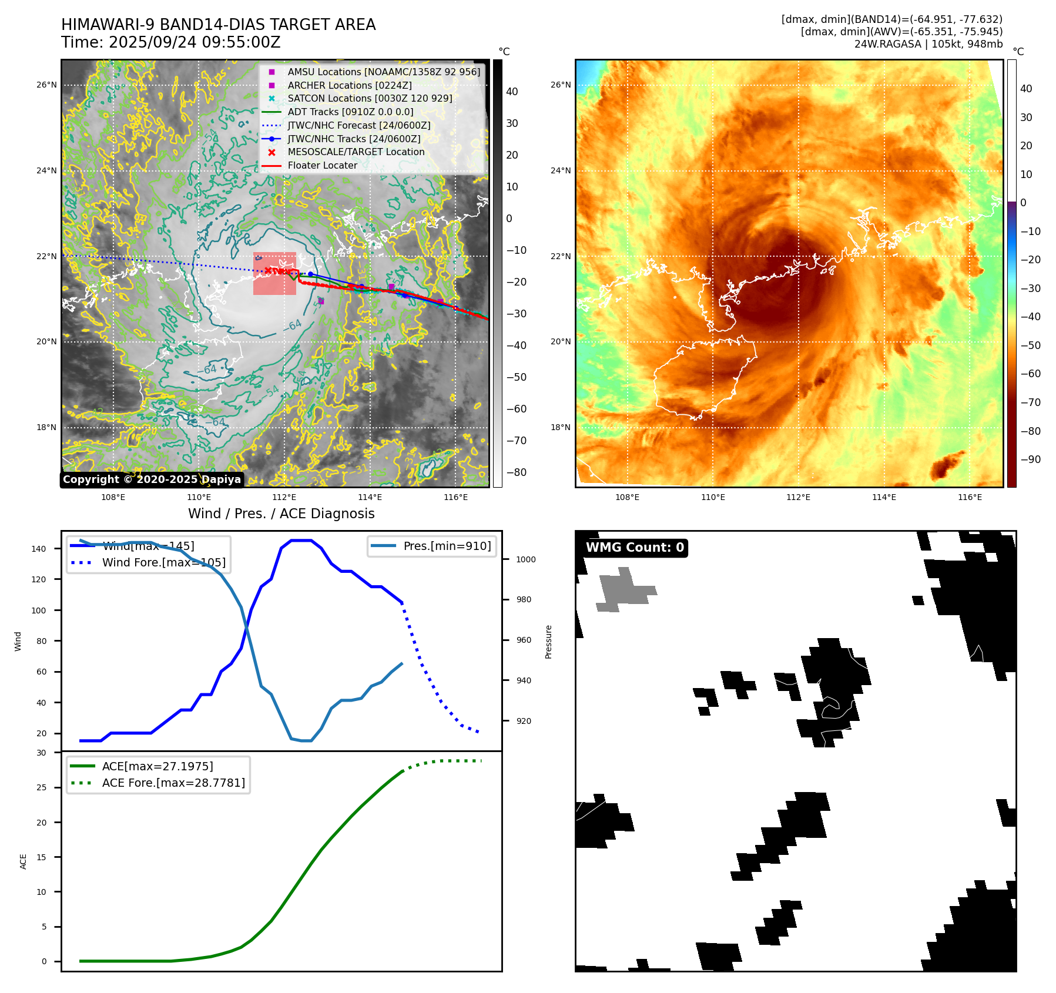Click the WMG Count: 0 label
click(635, 548)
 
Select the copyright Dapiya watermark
click(152, 479)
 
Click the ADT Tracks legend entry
click(350, 112)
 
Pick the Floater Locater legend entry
click(322, 166)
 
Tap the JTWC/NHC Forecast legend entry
click(358, 125)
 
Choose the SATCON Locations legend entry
click(370, 98)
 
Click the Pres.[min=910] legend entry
click(447, 546)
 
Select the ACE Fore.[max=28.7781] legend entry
click(173, 783)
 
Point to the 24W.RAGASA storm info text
click(928, 44)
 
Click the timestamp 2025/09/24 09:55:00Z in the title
click(195, 43)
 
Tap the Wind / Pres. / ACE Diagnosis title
click(281, 514)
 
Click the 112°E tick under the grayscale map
click(284, 497)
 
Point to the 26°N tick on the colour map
click(560, 85)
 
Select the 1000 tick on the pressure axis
click(525, 559)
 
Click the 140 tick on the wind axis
click(39, 549)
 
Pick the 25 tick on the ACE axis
click(41, 787)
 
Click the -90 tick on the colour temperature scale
click(1030, 459)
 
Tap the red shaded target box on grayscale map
click(274, 274)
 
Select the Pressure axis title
click(548, 642)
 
